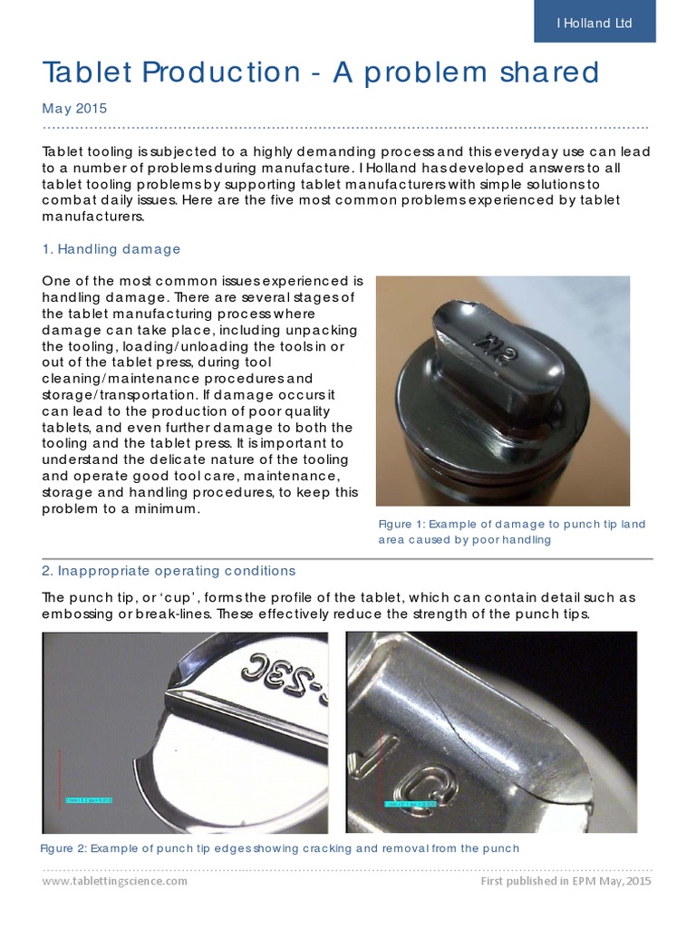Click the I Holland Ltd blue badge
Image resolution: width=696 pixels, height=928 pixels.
tap(594, 23)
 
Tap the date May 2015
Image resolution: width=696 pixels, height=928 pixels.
tap(74, 108)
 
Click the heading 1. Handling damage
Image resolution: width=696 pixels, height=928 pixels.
tap(111, 248)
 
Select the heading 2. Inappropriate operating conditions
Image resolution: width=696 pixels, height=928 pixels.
tap(169, 571)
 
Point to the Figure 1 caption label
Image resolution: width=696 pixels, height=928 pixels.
tap(400, 524)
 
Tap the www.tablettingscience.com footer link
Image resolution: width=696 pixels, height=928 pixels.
tap(115, 881)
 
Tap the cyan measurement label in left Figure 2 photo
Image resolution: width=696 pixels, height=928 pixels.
tap(88, 799)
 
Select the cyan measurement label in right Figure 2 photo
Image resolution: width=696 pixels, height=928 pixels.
tap(410, 803)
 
